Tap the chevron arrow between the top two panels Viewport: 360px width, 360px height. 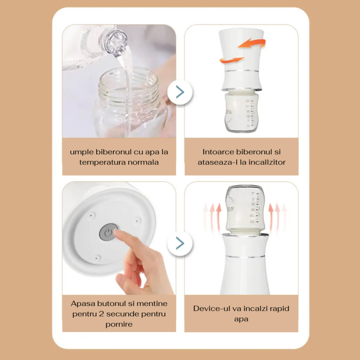180,92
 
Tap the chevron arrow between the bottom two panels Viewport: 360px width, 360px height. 180,243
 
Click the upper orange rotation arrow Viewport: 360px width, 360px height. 252,43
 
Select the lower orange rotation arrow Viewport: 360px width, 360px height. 231,60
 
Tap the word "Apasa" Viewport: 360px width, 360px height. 83,303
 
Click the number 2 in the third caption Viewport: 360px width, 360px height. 102,314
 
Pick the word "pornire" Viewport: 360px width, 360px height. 119,324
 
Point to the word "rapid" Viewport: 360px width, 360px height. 279,309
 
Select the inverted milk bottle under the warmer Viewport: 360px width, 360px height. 241,111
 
